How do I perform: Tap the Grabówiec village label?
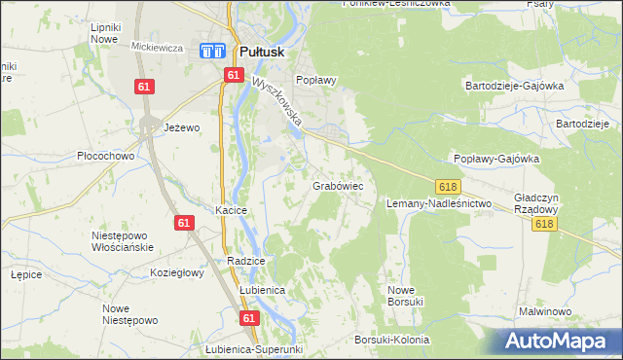pos(338,184)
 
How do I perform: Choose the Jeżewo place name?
pos(182,127)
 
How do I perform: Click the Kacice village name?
pos(232,210)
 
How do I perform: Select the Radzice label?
pos(245,262)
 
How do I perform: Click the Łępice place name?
pos(25,274)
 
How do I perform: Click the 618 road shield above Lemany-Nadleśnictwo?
pos(448,185)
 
